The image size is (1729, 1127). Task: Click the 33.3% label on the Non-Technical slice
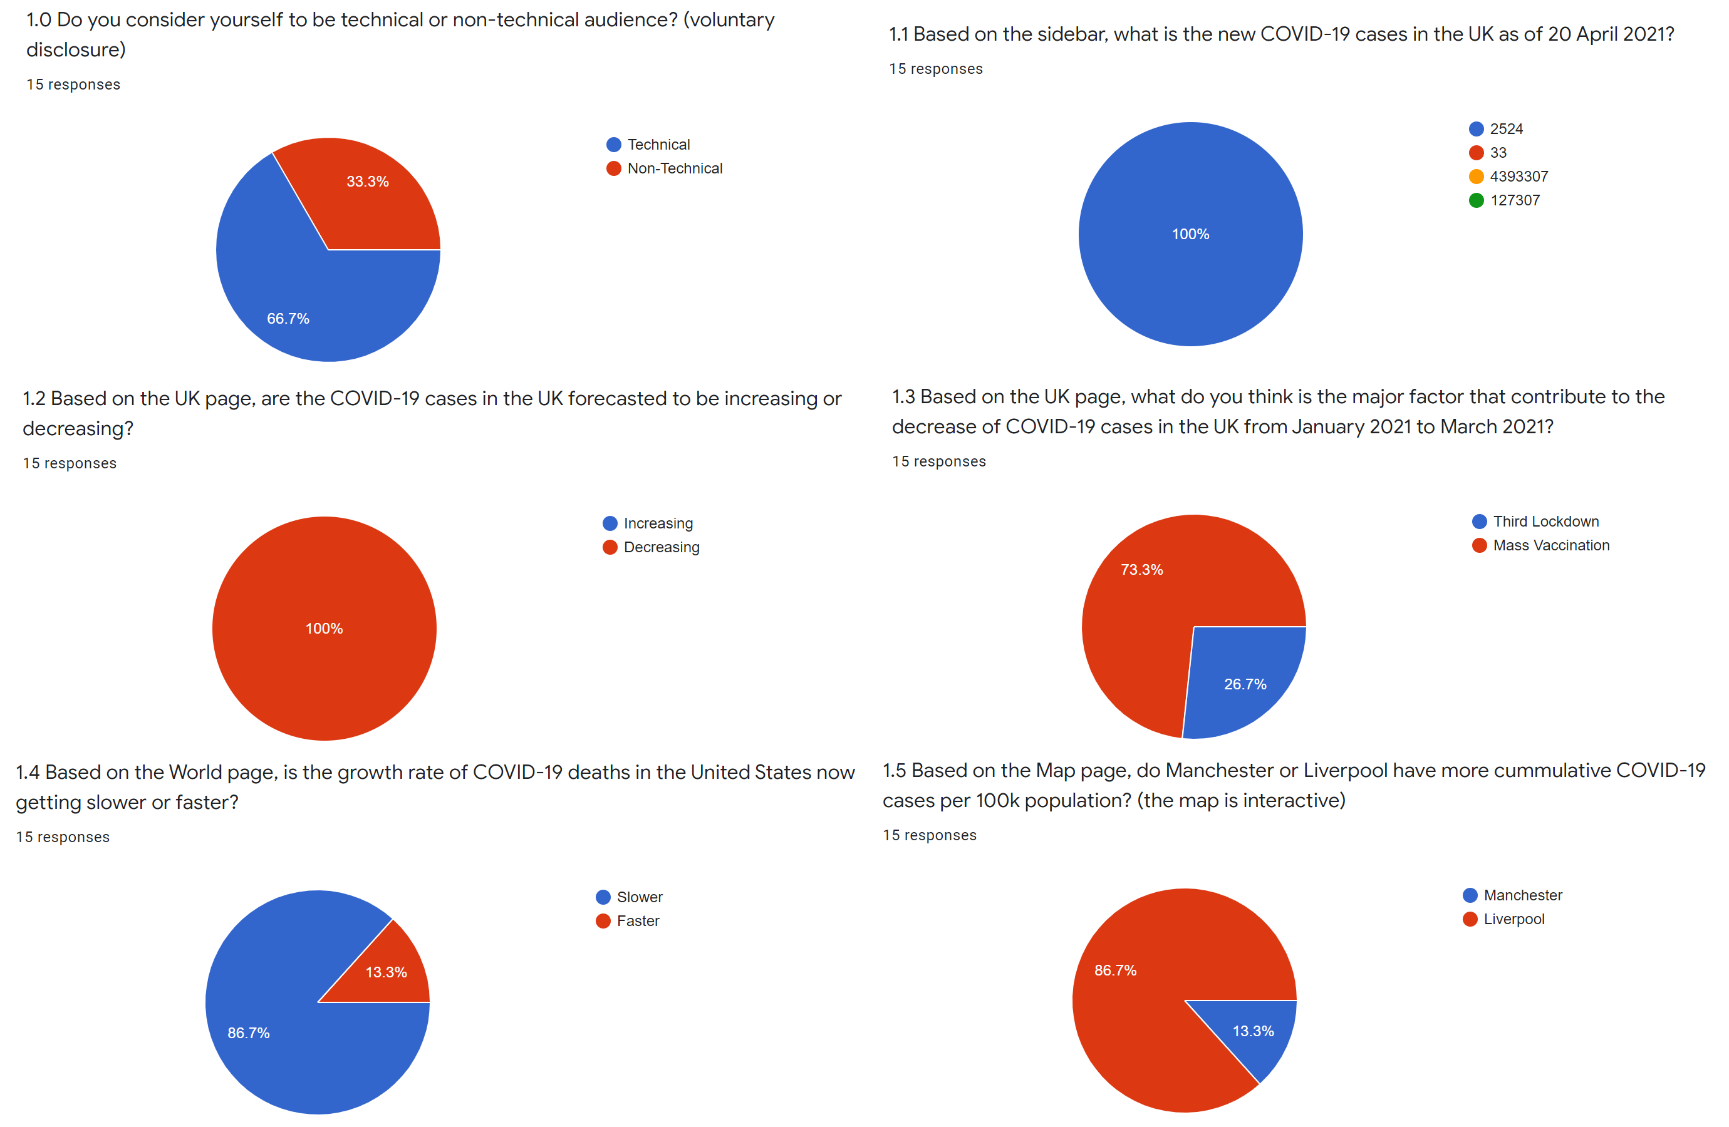coord(367,182)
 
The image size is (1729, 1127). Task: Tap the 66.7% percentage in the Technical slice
coord(288,319)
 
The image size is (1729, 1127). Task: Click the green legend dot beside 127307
coord(1475,200)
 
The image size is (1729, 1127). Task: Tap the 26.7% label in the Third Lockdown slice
coord(1245,684)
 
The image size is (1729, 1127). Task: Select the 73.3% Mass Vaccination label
coord(1141,570)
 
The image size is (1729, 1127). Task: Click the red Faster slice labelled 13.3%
coord(386,972)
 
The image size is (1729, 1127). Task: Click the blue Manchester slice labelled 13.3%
coord(1252,1031)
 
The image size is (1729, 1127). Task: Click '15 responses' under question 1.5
coord(929,835)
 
